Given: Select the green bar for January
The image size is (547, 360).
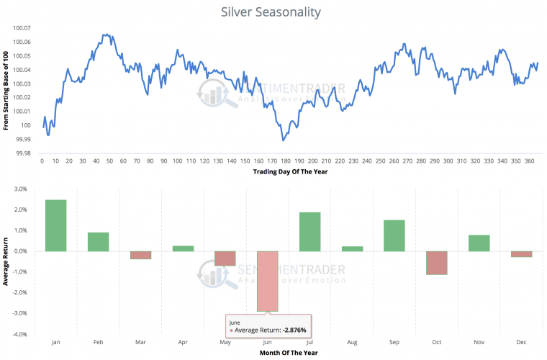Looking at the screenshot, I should (55, 225).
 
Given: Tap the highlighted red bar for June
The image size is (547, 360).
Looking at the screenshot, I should (268, 281).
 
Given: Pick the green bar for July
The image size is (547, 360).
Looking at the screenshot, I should (310, 232).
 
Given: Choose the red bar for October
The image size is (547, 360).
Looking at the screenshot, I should (437, 263).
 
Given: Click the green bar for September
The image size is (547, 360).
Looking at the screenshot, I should (394, 235).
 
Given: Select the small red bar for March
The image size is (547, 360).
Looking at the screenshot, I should (140, 255).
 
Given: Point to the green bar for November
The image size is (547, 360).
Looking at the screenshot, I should (479, 243).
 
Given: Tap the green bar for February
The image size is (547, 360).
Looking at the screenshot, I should (98, 242).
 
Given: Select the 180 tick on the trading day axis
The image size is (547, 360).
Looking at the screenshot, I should (285, 161).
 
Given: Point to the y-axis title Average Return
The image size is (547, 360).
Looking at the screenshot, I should (6, 262).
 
